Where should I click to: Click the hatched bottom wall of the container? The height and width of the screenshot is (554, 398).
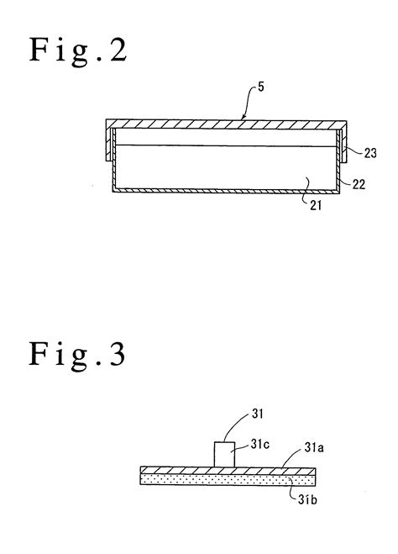pyautogui.click(x=224, y=192)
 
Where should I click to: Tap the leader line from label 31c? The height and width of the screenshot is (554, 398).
pyautogui.click(x=244, y=451)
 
